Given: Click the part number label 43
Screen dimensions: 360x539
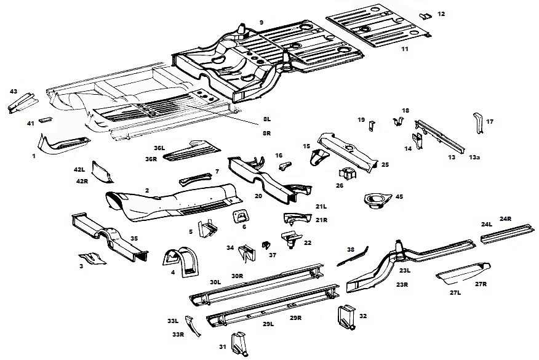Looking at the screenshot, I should [13, 91].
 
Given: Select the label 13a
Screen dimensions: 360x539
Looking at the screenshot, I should [474, 158].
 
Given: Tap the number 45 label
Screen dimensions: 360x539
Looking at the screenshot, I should [399, 197].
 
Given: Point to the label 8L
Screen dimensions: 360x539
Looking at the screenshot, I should [266, 118].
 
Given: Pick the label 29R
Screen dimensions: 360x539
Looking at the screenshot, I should [296, 318].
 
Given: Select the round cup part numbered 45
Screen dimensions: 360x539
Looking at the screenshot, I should [375, 200].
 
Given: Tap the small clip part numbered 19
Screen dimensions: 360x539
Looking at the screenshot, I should [370, 126].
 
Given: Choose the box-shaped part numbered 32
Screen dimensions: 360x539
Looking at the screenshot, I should [345, 314].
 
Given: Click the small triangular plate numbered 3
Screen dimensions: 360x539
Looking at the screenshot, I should [91, 258].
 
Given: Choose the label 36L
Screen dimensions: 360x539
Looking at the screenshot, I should [159, 148].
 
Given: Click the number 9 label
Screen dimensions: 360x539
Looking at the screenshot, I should [262, 22].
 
